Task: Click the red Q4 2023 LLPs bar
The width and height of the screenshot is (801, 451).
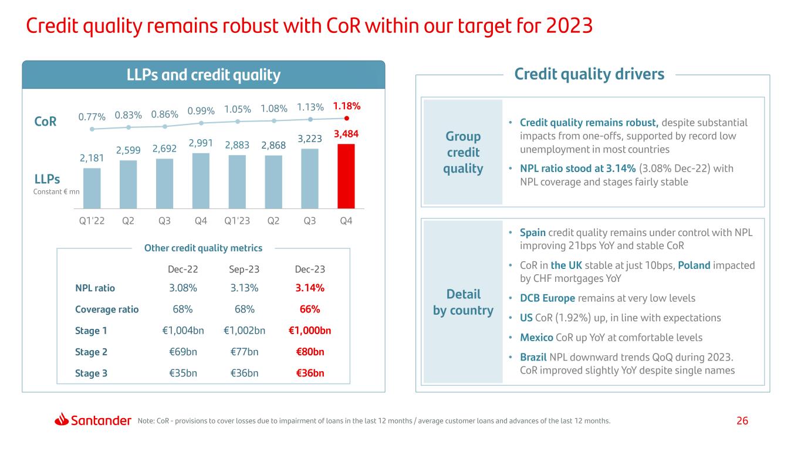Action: point(346,176)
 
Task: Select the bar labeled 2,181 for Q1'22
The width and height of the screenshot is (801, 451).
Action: point(92,189)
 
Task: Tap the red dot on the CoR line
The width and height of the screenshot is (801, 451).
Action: point(346,118)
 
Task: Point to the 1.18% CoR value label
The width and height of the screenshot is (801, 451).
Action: point(346,106)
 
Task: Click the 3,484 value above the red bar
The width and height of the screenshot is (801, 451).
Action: point(346,134)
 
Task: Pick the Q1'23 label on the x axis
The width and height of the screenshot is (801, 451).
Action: point(236,221)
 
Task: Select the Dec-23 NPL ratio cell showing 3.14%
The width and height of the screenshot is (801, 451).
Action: point(310,288)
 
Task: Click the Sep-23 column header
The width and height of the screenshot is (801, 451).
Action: point(244,269)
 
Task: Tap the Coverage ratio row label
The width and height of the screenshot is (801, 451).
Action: point(107,309)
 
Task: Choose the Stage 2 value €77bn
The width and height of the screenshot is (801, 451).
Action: point(244,352)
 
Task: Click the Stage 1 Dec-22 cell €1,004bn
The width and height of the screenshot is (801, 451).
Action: point(182,331)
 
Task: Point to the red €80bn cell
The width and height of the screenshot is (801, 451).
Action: point(310,352)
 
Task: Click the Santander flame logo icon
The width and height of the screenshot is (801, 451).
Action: point(62,419)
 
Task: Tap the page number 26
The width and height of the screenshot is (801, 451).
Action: point(742,420)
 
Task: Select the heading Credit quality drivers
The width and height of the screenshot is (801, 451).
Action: point(589,74)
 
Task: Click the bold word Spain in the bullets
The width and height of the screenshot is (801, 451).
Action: point(532,233)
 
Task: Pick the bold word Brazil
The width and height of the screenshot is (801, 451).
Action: point(533,357)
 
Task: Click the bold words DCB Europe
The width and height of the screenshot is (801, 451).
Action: point(547,298)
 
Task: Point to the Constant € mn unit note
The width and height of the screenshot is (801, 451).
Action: point(56,192)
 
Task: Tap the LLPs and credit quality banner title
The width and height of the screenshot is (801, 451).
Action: point(204,75)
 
